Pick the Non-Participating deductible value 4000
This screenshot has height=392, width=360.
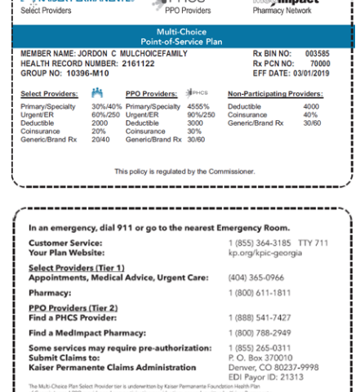tap(311, 106)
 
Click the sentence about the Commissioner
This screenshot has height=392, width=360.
tap(179, 171)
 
